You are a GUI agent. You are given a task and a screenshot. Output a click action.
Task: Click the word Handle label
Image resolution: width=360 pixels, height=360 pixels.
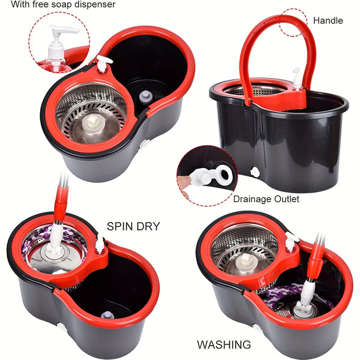[328, 20]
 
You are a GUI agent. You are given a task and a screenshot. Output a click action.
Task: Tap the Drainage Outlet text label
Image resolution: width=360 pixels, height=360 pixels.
[266, 199]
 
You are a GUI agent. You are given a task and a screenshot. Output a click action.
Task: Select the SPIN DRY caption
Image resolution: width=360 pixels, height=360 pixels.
[133, 226]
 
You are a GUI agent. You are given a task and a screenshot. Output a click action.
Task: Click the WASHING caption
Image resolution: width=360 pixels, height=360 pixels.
[224, 344]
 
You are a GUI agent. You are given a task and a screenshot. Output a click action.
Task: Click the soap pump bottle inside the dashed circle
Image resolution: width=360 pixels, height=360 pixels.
[60, 48]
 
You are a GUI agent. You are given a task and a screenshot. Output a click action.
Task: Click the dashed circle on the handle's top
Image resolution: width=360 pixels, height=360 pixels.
[294, 22]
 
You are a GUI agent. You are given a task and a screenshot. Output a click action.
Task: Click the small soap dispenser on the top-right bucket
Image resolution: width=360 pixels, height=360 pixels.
[296, 79]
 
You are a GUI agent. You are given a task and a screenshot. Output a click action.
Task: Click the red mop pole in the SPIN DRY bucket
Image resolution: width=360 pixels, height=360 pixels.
[61, 204]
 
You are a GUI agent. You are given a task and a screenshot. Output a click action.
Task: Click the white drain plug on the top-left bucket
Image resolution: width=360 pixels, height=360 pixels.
[145, 145]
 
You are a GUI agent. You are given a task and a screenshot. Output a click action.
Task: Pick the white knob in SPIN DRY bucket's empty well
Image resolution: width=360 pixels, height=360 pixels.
[106, 315]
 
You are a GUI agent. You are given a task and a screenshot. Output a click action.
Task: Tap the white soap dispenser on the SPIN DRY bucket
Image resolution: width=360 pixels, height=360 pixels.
[100, 244]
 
